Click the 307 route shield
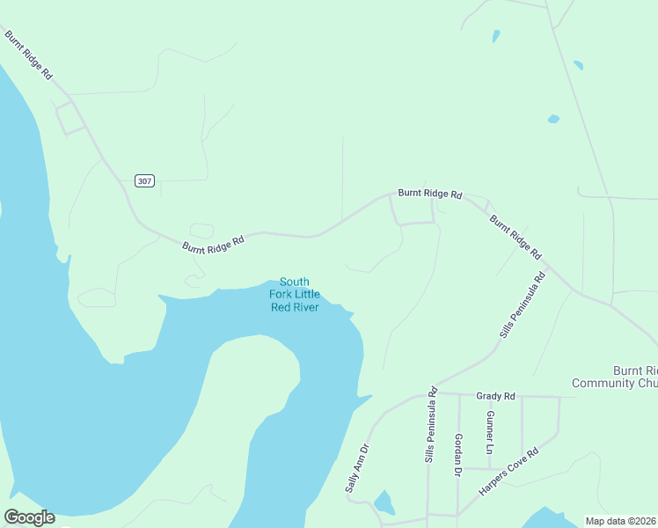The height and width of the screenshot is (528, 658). click(x=145, y=180)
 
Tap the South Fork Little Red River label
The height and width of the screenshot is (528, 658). click(x=294, y=294)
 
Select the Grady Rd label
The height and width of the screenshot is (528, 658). click(x=495, y=396)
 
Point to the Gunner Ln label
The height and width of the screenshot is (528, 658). click(x=490, y=428)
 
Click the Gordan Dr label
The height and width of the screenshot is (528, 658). click(x=458, y=455)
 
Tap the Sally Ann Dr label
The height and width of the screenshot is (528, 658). click(x=355, y=466)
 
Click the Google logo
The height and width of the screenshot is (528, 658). click(x=29, y=517)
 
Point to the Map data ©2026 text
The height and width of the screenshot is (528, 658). click(x=620, y=521)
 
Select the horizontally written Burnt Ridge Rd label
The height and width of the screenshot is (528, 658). click(x=429, y=193)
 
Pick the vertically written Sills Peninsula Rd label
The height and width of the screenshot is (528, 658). click(x=430, y=426)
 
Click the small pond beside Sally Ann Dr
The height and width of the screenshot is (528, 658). click(x=384, y=503)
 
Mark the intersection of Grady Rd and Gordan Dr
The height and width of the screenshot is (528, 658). click(x=458, y=395)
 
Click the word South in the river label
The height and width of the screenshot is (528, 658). click(x=295, y=282)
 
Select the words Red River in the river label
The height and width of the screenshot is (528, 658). click(x=295, y=306)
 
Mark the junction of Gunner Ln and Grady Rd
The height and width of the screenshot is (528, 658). click(x=490, y=396)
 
